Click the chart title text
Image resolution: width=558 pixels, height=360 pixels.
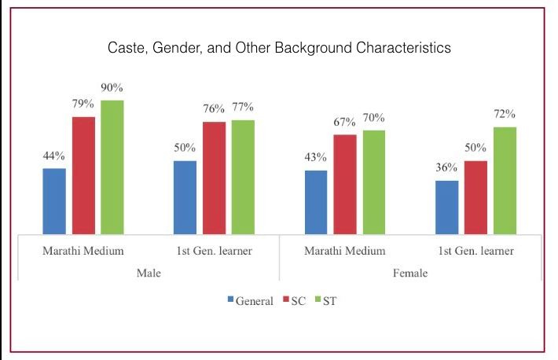tap(279, 49)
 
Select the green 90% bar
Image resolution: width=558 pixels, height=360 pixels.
tap(112, 167)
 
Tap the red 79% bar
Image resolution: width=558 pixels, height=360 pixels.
tap(85, 175)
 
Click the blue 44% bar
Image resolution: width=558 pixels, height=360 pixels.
tap(54, 201)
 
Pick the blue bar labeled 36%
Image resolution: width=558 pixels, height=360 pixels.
tap(446, 208)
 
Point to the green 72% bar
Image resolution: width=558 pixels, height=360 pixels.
tap(504, 180)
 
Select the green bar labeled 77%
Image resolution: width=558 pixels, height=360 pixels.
tap(243, 177)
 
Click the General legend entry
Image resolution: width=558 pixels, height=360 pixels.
tap(250, 301)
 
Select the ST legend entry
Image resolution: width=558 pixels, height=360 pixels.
tap(325, 301)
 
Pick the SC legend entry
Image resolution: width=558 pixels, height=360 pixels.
tap(289, 301)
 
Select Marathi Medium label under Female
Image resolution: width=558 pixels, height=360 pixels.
tap(344, 252)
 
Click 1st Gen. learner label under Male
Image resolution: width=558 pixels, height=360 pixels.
tap(214, 252)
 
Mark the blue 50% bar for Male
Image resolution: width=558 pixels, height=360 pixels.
tap(185, 197)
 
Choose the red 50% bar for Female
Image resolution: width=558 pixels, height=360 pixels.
tap(475, 197)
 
